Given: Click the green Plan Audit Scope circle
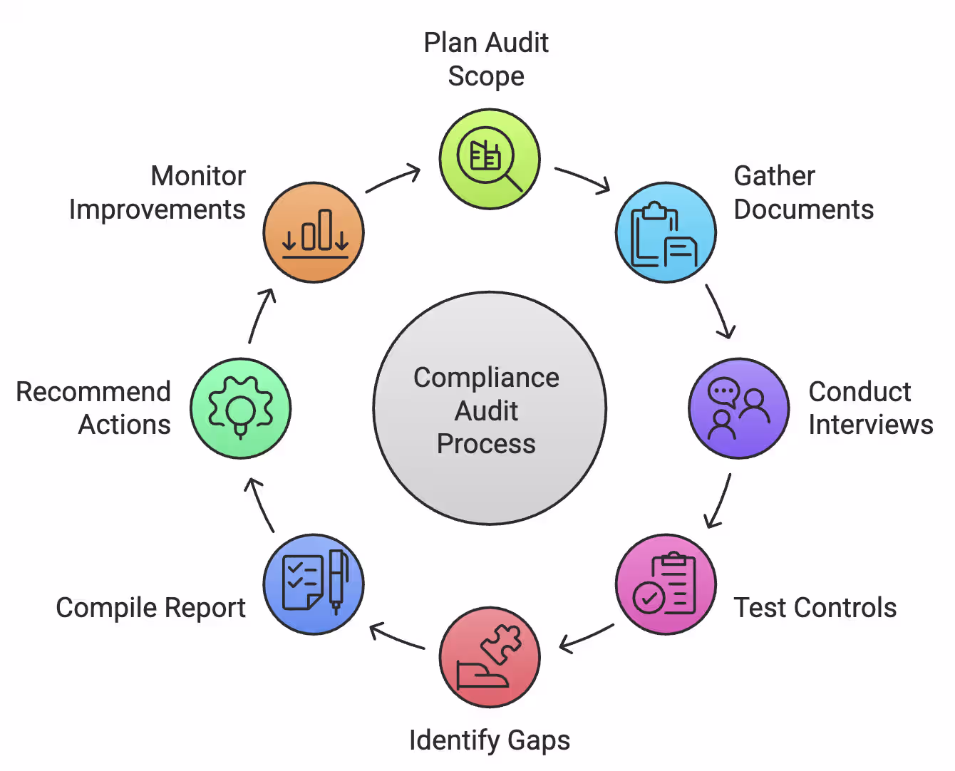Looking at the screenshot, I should click(490, 159).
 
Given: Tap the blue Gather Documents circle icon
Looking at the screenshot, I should click(666, 232).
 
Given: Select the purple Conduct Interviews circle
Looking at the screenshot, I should click(739, 408).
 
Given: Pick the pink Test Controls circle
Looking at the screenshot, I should click(666, 584).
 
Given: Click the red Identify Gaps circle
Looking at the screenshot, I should click(490, 657).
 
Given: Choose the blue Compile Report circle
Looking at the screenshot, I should click(314, 584).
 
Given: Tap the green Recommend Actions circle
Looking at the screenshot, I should click(241, 408).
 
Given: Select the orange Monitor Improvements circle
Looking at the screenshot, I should click(314, 232).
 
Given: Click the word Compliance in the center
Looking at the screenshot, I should click(486, 378).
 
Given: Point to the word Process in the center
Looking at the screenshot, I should click(486, 444).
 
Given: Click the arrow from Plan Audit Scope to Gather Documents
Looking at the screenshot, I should click(583, 180).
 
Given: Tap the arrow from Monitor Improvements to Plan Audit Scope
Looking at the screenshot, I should click(393, 179).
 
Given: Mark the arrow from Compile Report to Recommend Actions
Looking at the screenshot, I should click(261, 504).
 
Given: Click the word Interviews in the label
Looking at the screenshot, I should click(870, 425).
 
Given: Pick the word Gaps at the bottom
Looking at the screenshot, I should click(539, 740).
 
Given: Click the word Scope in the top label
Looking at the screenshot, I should click(486, 76).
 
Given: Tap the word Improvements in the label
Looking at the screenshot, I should click(158, 209).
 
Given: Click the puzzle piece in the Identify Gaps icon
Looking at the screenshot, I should click(502, 643).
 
